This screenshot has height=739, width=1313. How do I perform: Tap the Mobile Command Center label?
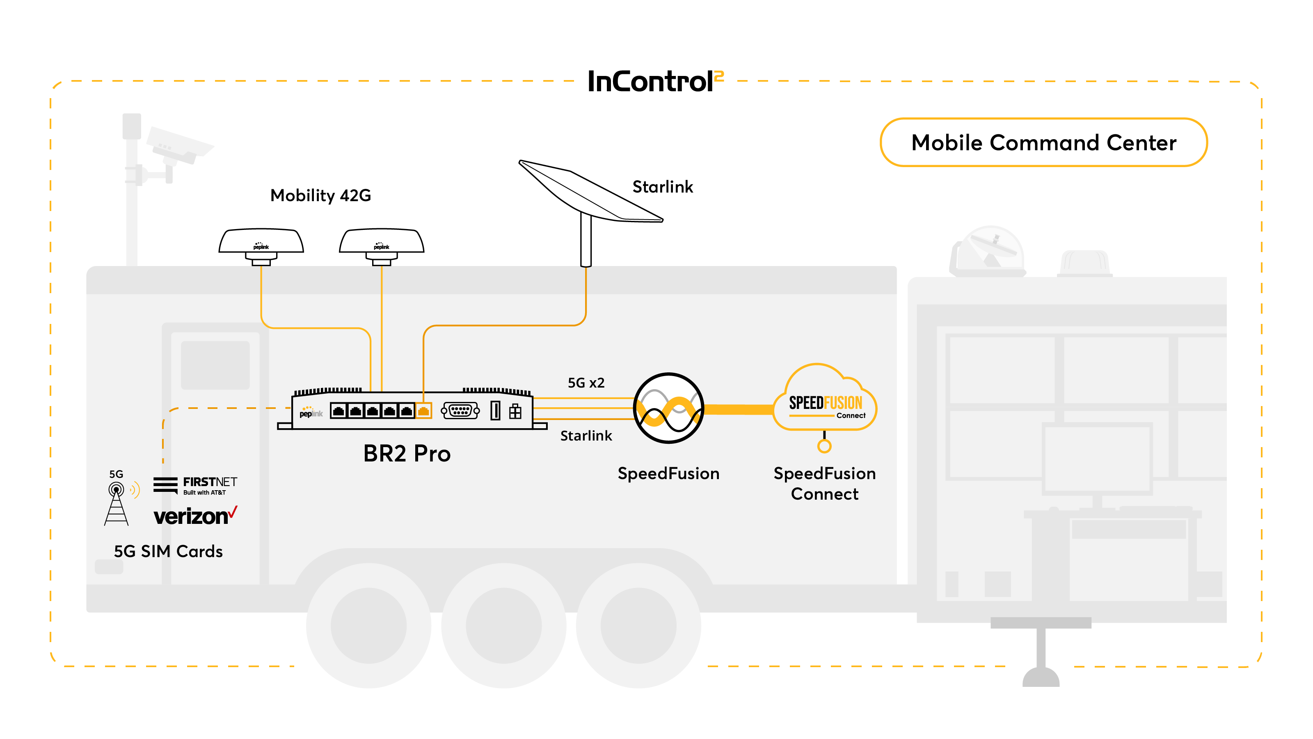click(x=1043, y=142)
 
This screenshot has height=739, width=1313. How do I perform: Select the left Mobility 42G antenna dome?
click(x=261, y=246)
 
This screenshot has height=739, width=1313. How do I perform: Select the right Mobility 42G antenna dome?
click(x=382, y=246)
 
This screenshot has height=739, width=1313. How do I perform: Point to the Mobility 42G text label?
click(x=320, y=195)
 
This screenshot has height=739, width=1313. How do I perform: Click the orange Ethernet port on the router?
click(x=423, y=410)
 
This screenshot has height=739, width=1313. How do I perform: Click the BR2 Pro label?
click(x=407, y=453)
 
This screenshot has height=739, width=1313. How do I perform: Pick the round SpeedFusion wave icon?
click(x=668, y=408)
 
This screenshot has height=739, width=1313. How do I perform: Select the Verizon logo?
click(x=195, y=516)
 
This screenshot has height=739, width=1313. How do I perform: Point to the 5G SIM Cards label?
click(x=168, y=551)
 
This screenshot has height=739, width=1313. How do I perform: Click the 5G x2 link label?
click(x=586, y=383)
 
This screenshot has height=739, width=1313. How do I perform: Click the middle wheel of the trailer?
click(x=503, y=625)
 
